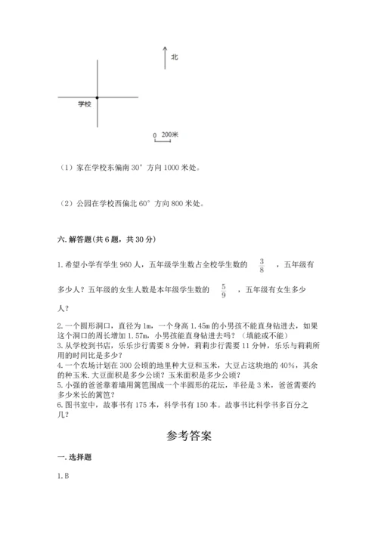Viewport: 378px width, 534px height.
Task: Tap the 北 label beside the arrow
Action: (x=175, y=57)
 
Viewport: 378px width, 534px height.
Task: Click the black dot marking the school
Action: (x=97, y=97)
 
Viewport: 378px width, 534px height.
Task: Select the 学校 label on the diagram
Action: (x=84, y=104)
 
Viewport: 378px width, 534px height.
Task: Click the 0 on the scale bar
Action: (x=155, y=136)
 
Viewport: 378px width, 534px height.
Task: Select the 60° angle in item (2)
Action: (x=138, y=203)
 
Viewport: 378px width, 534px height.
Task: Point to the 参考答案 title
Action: (x=189, y=436)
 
